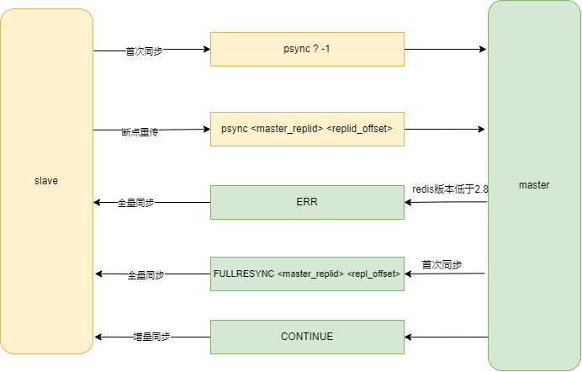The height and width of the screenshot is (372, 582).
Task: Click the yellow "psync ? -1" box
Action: (307, 50)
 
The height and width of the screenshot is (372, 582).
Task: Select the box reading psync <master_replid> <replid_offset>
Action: (307, 130)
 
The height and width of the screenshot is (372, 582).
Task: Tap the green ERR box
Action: (307, 203)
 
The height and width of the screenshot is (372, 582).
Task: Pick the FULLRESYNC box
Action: (307, 274)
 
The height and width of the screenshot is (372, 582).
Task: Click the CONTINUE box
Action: (307, 337)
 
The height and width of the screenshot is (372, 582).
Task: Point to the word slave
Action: (46, 181)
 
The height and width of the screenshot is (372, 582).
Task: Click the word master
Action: (534, 184)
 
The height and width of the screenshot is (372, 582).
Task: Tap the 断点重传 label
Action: (140, 132)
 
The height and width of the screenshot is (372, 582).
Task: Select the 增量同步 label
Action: (151, 337)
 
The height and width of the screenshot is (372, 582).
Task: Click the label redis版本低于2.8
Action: (451, 189)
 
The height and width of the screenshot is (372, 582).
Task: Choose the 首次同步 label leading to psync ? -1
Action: (144, 50)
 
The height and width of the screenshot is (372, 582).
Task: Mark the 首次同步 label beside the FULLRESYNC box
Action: (442, 264)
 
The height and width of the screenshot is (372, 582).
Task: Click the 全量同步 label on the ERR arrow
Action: (135, 203)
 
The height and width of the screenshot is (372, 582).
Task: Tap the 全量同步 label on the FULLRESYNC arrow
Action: (145, 275)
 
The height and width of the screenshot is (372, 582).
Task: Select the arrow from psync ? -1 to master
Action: (446, 50)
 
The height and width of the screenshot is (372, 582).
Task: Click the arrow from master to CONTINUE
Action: (446, 337)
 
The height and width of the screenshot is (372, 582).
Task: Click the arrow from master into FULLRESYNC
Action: (446, 274)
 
